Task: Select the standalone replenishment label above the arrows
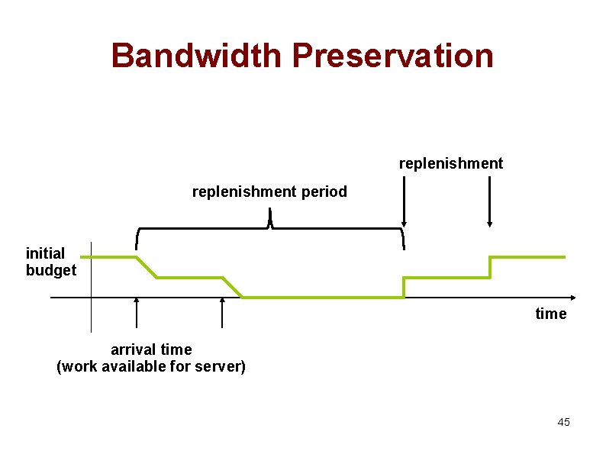(451, 163)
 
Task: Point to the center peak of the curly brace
(270, 222)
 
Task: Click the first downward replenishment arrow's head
(404, 224)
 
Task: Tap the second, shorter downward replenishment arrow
(490, 206)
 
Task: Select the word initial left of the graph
(46, 253)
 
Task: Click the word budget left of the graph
(51, 270)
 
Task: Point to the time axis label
(551, 314)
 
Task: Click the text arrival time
(151, 349)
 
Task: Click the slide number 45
(563, 422)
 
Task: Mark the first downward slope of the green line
(147, 267)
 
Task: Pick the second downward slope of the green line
(232, 287)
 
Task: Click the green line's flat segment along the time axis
(321, 297)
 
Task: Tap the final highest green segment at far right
(527, 257)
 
